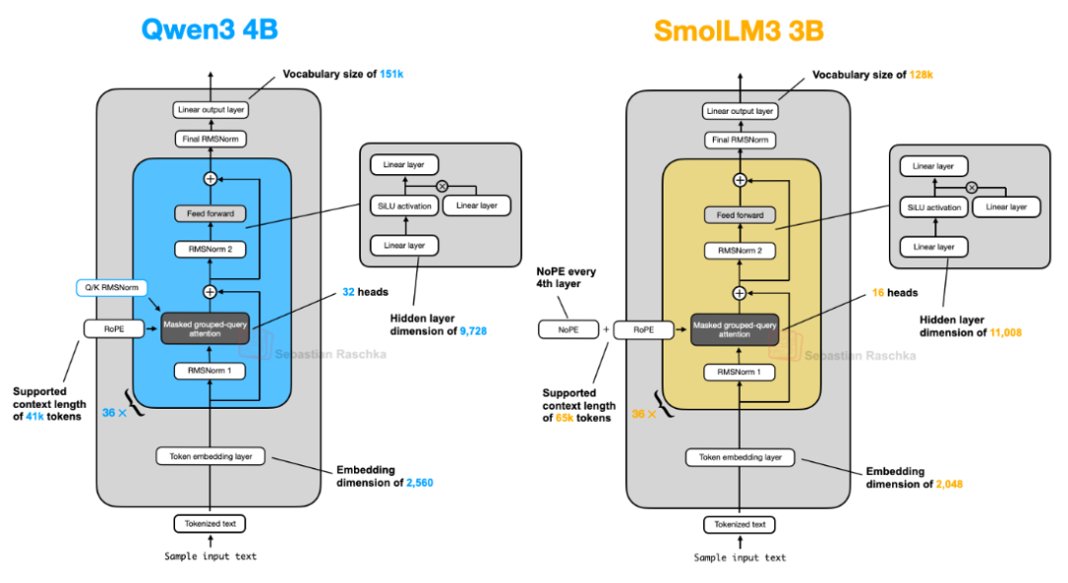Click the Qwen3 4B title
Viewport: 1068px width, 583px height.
(209, 30)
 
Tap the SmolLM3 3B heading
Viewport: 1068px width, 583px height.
(738, 31)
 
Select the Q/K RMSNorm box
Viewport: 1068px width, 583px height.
(112, 288)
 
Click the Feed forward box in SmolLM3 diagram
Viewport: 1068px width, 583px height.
(739, 215)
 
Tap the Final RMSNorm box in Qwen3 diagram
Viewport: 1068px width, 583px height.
(210, 140)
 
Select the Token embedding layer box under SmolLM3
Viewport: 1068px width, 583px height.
(740, 457)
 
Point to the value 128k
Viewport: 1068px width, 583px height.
(921, 74)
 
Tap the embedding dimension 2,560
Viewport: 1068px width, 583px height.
(419, 483)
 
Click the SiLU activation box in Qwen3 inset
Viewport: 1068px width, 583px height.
(400, 206)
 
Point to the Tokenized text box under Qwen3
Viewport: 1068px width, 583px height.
(210, 524)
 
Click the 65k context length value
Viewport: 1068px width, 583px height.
(565, 418)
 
